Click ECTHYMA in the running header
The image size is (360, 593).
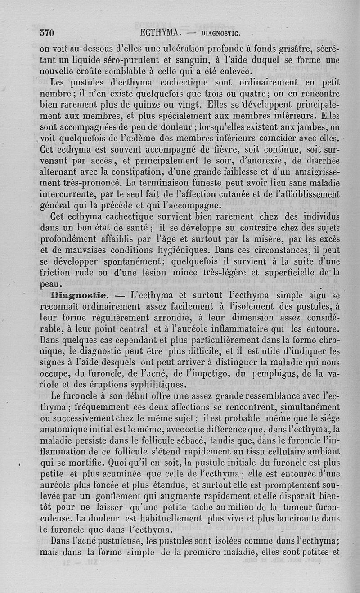pos(160,32)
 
